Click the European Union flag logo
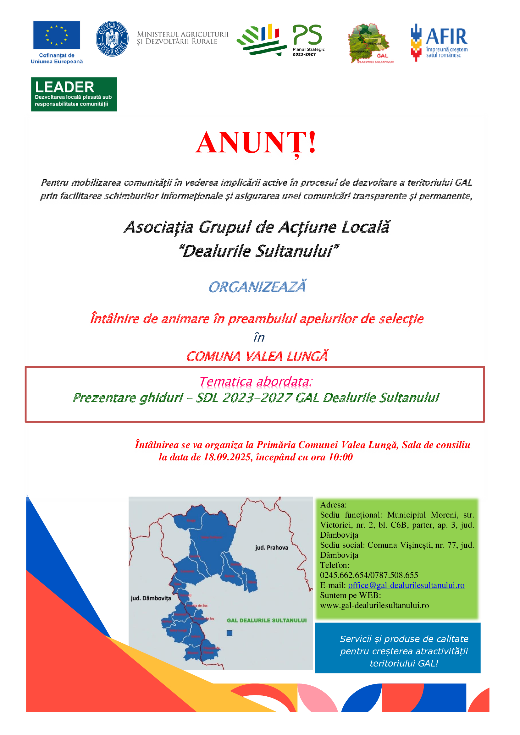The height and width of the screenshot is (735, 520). point(56,35)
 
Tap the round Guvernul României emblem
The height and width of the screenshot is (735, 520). point(112,39)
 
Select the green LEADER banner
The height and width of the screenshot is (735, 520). point(74,94)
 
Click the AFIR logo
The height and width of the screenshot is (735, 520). point(439,42)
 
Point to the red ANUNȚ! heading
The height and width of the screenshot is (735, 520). point(256,143)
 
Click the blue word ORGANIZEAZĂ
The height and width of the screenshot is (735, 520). point(257,287)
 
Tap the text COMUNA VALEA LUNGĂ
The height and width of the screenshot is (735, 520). point(257,356)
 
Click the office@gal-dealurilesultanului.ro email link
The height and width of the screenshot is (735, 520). point(406,585)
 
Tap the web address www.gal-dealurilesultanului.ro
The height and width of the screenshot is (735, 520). point(374,605)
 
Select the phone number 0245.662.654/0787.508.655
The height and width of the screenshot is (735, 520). point(369,575)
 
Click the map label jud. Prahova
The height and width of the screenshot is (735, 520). point(272,548)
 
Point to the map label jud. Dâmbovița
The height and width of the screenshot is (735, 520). point(151,598)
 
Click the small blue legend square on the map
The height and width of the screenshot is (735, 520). point(230,633)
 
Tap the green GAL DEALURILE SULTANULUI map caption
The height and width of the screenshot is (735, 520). point(267,620)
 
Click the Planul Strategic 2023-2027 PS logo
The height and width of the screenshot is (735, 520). point(282,40)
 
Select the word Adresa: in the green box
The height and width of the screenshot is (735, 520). point(333,505)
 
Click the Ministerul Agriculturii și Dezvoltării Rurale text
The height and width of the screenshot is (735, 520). point(183,38)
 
